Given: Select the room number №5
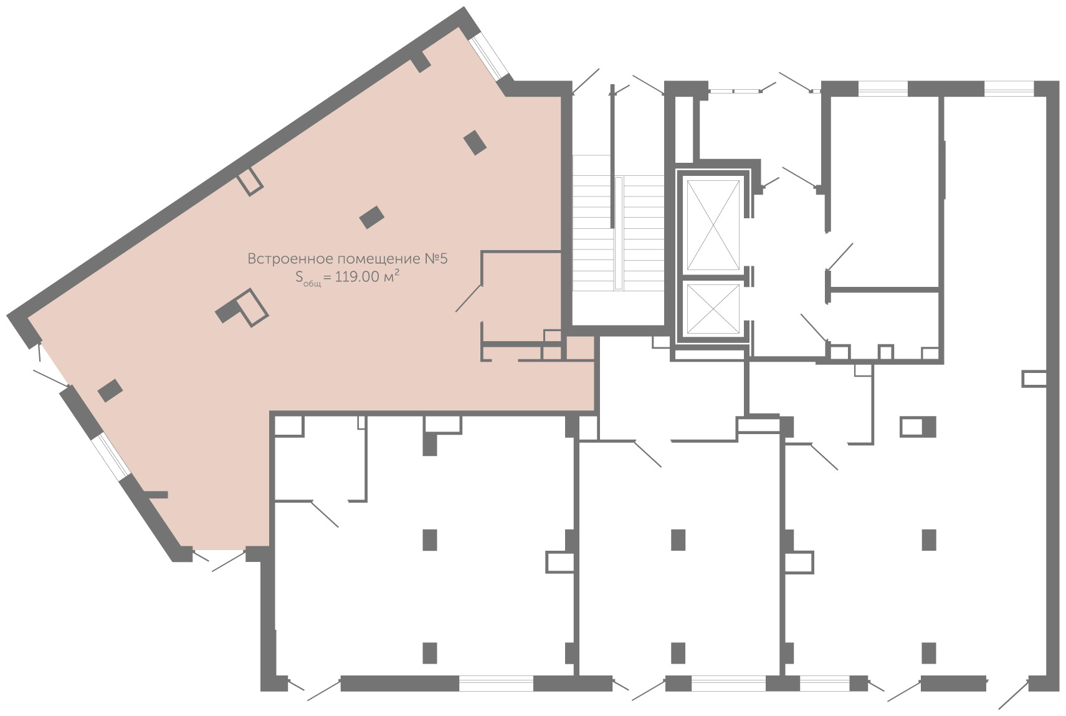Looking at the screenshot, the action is click(436, 259).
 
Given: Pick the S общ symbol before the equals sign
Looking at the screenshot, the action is click(308, 278).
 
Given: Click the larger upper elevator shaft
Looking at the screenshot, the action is click(713, 225).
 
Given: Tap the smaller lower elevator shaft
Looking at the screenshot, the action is click(713, 308).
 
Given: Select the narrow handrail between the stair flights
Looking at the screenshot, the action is click(619, 233).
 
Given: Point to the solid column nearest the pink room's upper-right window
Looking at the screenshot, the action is click(475, 142).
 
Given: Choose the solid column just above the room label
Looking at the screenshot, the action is click(372, 217).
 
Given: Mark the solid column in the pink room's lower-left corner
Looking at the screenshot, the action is click(110, 390).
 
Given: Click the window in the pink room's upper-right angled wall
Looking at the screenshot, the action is click(488, 57).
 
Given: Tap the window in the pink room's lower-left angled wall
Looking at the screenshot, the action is click(111, 456).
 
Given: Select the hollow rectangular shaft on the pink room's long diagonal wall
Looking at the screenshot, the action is click(250, 181).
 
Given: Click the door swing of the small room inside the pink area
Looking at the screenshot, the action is click(469, 299).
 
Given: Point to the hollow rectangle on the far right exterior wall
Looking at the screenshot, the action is click(1034, 379).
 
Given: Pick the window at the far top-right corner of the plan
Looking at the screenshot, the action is click(1009, 89).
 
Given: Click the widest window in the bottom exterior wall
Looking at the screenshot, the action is click(496, 684).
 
